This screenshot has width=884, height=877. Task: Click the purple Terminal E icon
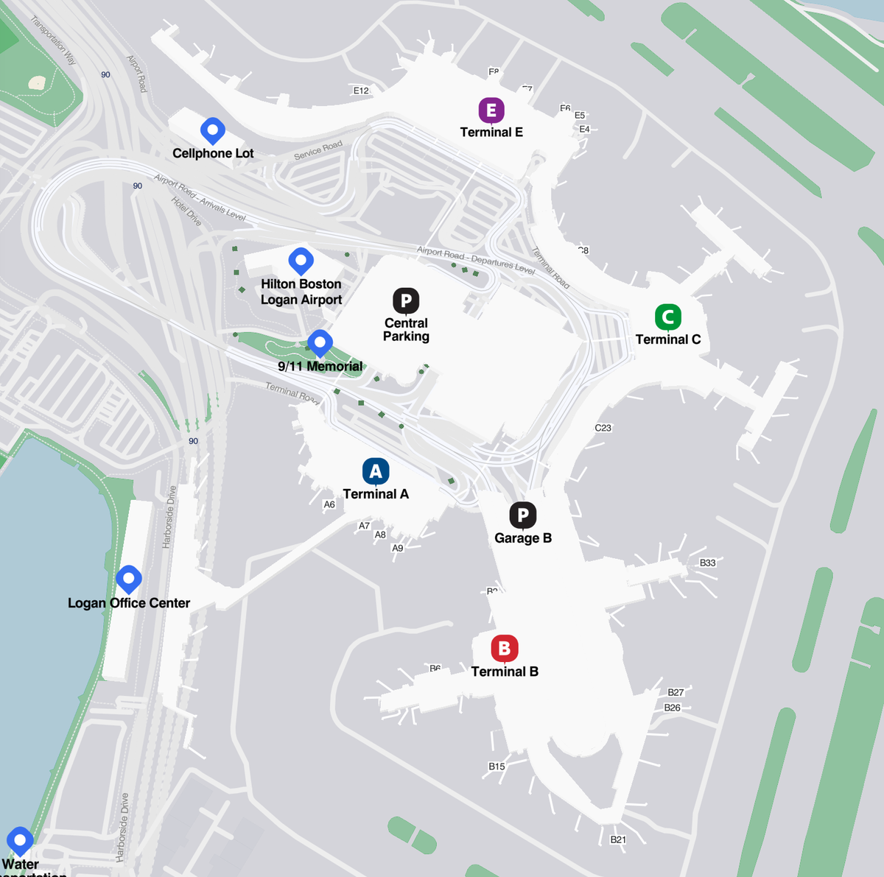(491, 110)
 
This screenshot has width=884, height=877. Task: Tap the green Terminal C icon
(667, 317)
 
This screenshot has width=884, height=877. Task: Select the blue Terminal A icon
(376, 471)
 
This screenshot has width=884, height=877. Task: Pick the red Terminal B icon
(505, 648)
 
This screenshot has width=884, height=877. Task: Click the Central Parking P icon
(406, 300)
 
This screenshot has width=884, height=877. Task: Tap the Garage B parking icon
(523, 515)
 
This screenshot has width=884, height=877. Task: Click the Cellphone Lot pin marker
(213, 130)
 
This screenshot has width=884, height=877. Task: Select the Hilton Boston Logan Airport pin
(301, 259)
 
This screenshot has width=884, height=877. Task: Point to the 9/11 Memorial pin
(320, 342)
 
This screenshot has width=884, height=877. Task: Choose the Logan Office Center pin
(129, 579)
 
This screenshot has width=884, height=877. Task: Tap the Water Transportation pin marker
(20, 839)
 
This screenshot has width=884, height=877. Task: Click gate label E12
(361, 91)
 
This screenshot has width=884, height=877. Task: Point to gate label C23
(603, 428)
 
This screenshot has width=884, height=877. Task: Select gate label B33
(707, 563)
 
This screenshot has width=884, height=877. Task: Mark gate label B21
(618, 839)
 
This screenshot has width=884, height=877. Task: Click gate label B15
(497, 767)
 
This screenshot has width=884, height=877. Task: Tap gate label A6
(329, 504)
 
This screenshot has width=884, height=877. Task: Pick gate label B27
(676, 692)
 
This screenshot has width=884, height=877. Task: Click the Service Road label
(318, 150)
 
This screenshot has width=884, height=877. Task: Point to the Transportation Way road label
(53, 40)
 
